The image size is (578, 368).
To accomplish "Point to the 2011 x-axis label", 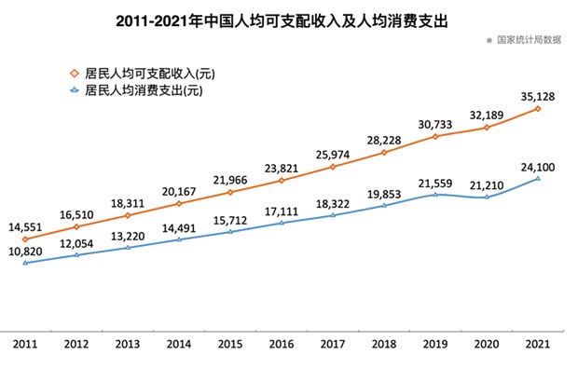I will point(25,345).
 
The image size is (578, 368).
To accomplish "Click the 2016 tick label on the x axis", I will point(282,345).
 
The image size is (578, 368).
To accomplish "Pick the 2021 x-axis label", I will point(538,345).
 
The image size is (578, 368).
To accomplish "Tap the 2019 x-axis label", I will point(435,345).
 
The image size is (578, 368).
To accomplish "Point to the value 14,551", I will point(26,226).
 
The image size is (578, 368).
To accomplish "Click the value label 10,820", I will point(26,251).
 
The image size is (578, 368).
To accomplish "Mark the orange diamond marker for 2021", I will point(538,109).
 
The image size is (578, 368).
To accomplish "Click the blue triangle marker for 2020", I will point(487,197).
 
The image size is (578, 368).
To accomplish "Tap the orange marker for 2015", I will point(230,192).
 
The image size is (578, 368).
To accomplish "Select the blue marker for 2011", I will point(25,263).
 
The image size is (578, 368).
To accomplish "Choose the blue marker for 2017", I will point(333,215).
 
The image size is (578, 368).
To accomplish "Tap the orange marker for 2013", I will point(128,214).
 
